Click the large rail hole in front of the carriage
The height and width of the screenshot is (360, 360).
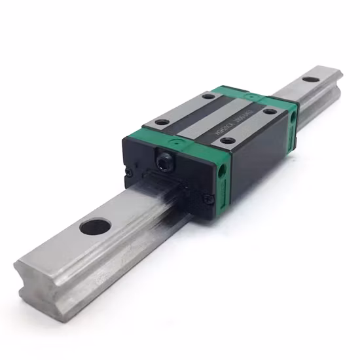(94, 228)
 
